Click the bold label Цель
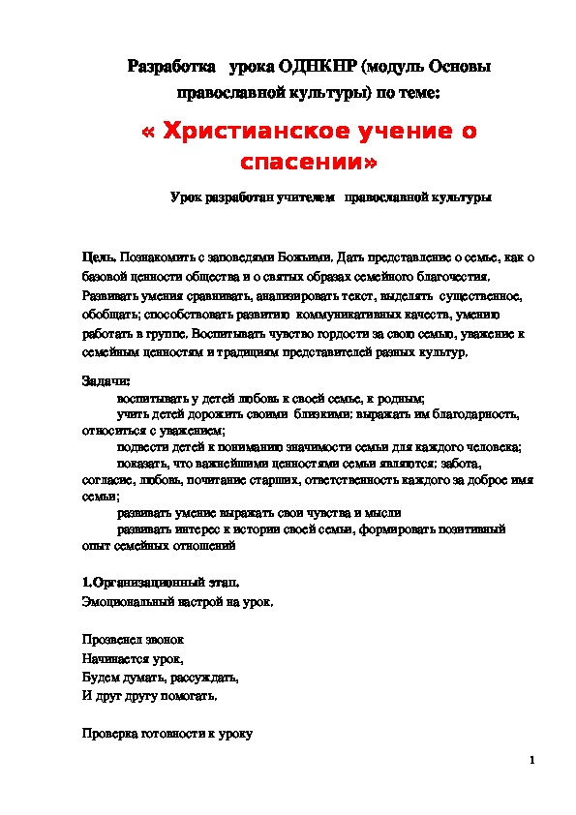coord(100,257)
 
